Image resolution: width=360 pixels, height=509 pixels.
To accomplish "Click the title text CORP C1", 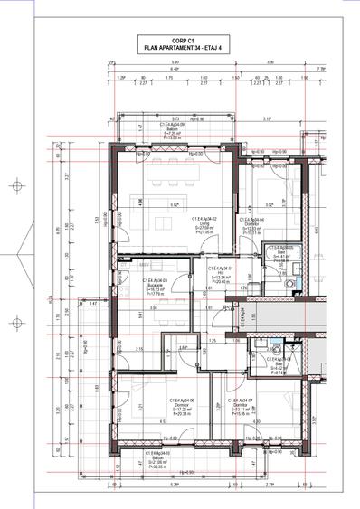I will click(184, 40).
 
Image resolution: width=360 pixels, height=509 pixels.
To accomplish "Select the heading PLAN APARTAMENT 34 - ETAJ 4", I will click(184, 47).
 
